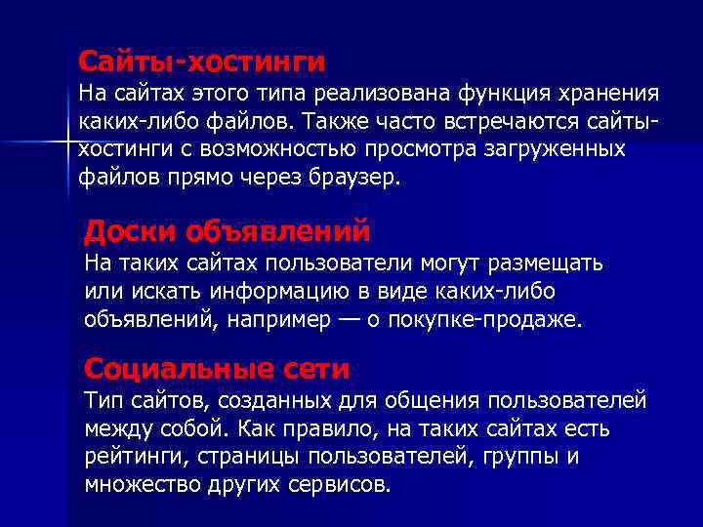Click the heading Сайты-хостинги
click(201, 61)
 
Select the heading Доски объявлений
click(227, 231)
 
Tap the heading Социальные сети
click(217, 369)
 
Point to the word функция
click(501, 94)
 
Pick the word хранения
click(609, 94)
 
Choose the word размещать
click(543, 263)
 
